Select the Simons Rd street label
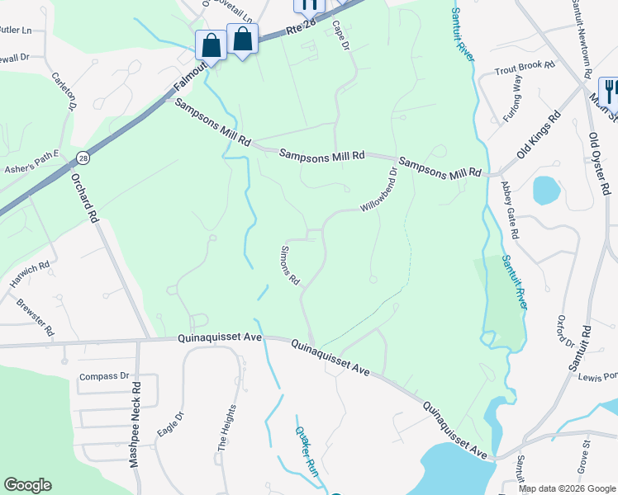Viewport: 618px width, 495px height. (x=290, y=265)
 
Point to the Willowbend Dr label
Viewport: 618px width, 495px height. (x=379, y=189)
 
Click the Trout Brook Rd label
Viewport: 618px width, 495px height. (x=530, y=71)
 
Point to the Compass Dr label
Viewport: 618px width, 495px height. (x=106, y=377)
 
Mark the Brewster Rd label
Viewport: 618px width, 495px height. (x=35, y=317)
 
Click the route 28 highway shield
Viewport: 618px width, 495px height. (x=83, y=157)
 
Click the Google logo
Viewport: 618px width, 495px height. (x=27, y=485)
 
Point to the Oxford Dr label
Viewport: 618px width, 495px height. (x=565, y=332)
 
